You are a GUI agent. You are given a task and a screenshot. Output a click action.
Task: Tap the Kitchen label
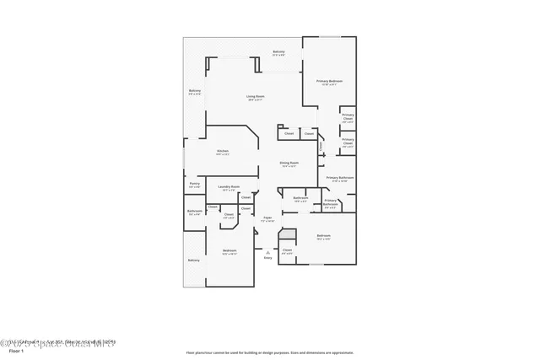tap(223, 152)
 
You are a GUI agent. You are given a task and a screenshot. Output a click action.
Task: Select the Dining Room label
tap(290, 164)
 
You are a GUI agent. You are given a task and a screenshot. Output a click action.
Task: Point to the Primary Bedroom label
tap(327, 81)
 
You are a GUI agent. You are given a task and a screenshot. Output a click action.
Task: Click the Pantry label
tap(194, 183)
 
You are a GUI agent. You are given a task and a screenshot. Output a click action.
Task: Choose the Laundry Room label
tap(229, 187)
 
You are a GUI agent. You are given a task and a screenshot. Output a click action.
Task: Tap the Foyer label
tap(267, 218)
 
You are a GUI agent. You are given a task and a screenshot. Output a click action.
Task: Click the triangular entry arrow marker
tap(267, 251)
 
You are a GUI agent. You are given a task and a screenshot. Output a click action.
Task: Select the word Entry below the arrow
tap(268, 258)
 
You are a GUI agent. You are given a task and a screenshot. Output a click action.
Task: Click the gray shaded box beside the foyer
tap(289, 235)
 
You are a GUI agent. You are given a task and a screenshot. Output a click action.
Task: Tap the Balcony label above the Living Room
tap(278, 52)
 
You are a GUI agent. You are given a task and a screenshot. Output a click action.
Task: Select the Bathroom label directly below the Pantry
tap(194, 212)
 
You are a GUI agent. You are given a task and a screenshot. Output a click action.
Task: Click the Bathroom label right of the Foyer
tap(300, 199)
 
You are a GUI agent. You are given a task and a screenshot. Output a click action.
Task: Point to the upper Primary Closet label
tap(348, 116)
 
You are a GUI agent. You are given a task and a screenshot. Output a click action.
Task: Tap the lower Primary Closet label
tap(348, 142)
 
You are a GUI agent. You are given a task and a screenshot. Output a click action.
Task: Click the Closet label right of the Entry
tap(287, 250)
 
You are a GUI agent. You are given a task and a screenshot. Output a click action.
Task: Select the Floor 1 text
tap(14, 352)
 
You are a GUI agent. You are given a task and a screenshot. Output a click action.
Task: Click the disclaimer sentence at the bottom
tap(270, 352)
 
